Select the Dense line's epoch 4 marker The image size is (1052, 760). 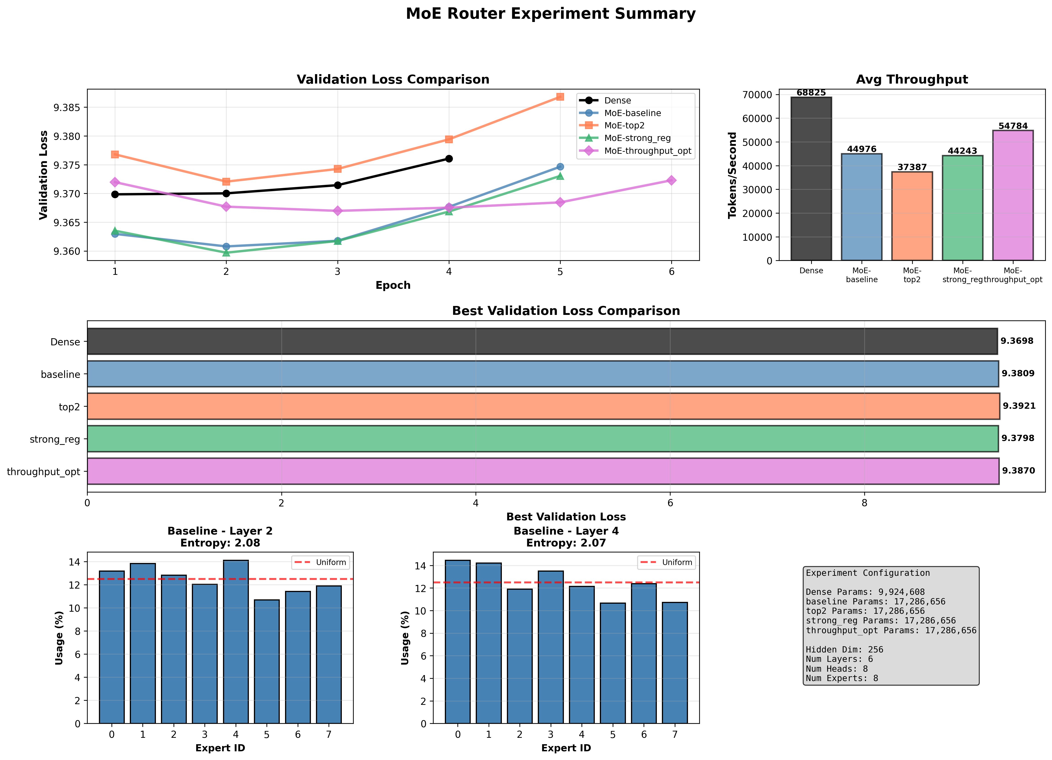click(449, 159)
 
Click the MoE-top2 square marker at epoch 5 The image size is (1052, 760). click(560, 96)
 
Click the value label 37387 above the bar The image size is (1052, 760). click(912, 167)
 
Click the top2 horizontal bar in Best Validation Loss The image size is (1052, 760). click(543, 406)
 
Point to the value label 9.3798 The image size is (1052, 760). click(1018, 438)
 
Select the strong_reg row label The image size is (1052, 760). click(55, 439)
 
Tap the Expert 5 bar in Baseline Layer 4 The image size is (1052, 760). click(612, 663)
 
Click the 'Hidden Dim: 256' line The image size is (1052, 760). click(844, 650)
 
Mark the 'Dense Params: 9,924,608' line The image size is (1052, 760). click(865, 592)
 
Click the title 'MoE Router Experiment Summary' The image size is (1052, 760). click(551, 14)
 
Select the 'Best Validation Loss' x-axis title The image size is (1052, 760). click(566, 517)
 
